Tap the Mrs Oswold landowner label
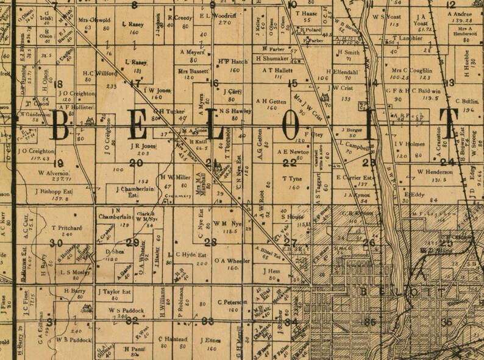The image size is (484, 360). (x=94, y=20)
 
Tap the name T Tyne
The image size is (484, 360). (x=293, y=178)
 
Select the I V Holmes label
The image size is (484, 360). (x=410, y=144)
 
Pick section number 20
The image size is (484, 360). (x=137, y=163)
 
